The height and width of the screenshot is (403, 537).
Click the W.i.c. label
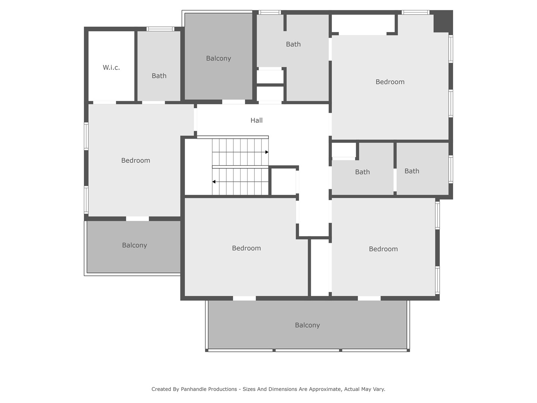[111, 68]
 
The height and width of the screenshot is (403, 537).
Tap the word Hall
[257, 121]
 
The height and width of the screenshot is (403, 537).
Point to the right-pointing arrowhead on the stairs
[267, 152]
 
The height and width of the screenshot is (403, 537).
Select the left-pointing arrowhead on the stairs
[214, 182]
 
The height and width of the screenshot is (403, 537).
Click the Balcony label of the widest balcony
[307, 325]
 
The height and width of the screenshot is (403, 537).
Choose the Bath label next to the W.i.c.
[159, 76]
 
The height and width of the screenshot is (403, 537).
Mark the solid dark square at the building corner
[443, 21]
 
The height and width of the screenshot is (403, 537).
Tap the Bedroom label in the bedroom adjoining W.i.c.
[135, 160]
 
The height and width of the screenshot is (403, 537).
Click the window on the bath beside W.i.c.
[160, 29]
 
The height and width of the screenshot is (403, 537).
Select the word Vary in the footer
[379, 389]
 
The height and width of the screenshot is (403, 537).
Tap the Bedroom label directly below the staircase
[246, 249]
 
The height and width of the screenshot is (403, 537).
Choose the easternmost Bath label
[412, 171]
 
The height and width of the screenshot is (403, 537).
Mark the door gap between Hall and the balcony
[233, 102]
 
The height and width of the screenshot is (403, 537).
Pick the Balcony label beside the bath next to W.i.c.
[219, 59]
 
